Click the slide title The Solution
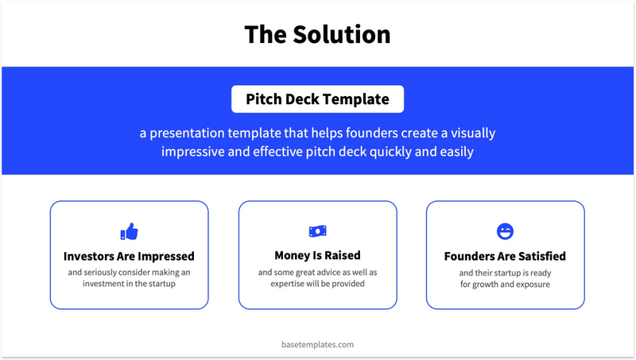click(317, 34)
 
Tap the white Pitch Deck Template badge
click(317, 99)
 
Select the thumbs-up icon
click(130, 231)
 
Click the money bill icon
click(317, 231)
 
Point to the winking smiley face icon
click(505, 231)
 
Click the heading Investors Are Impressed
click(129, 256)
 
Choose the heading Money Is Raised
click(317, 255)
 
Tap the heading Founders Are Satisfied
click(505, 256)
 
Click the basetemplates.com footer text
click(317, 345)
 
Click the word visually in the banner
click(473, 134)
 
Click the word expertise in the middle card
click(287, 284)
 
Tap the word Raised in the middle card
click(343, 255)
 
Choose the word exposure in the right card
click(533, 285)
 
